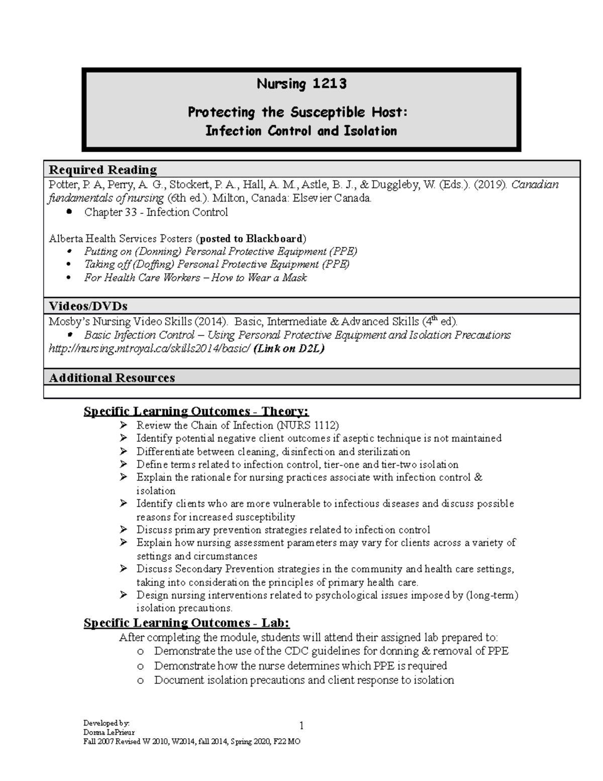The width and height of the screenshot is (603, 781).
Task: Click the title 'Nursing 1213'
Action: pyautogui.click(x=301, y=83)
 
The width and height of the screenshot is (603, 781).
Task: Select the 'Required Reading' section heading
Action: pyautogui.click(x=103, y=169)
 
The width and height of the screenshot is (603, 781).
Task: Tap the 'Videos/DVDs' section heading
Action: pyautogui.click(x=87, y=306)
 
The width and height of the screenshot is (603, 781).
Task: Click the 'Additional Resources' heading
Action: pyautogui.click(x=112, y=378)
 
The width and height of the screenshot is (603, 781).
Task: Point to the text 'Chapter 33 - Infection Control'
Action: pyautogui.click(x=156, y=212)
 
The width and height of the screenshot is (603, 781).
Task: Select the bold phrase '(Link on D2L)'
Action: pyautogui.click(x=289, y=349)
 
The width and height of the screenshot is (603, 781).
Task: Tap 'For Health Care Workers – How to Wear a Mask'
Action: pyautogui.click(x=195, y=278)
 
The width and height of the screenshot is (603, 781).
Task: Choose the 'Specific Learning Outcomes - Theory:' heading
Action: pyautogui.click(x=196, y=412)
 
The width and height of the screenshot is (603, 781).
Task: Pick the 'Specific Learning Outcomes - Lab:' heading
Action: pyautogui.click(x=186, y=623)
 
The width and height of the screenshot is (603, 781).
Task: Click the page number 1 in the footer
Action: pyautogui.click(x=301, y=725)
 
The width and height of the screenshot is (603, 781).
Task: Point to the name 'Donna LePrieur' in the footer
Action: pyautogui.click(x=109, y=732)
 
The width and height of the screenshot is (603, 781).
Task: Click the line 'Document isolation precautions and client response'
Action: pyautogui.click(x=304, y=680)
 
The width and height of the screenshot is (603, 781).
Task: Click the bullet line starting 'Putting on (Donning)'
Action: pyautogui.click(x=221, y=251)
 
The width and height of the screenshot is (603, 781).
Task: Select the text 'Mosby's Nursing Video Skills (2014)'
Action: pyautogui.click(x=139, y=322)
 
